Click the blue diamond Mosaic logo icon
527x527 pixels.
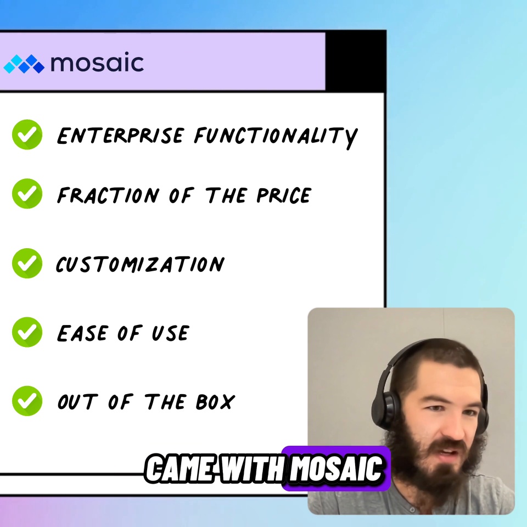(24, 64)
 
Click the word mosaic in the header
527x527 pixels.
(97, 63)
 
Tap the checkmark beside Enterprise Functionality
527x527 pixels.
(27, 134)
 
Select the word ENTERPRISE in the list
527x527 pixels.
(120, 136)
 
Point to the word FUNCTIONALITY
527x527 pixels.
(276, 136)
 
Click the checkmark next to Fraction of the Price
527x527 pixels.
(27, 193)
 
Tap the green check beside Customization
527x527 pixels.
(27, 263)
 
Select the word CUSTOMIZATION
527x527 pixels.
(140, 265)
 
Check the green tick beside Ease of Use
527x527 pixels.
(27, 332)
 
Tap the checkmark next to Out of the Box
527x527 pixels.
(27, 401)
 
